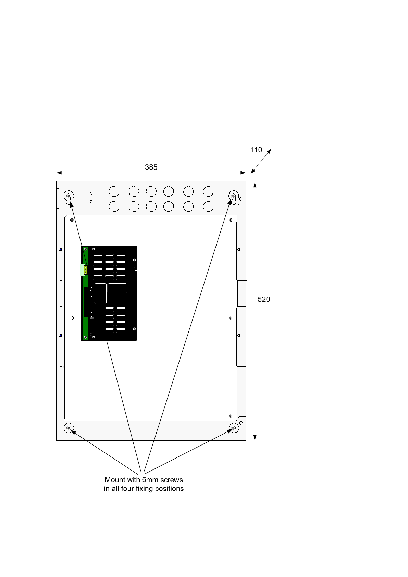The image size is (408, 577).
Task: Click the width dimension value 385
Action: pos(151,167)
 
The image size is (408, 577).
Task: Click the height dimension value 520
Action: pos(264,299)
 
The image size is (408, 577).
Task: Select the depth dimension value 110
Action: pos(256,150)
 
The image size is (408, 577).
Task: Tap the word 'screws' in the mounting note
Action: pos(171,480)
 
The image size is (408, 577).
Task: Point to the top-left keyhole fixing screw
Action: pos(69,196)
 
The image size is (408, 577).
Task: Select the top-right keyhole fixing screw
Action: pos(233,196)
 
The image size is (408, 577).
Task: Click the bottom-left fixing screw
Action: pos(69,428)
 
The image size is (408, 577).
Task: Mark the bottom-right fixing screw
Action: pos(234,428)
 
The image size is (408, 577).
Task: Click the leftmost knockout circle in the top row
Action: pos(114,192)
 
